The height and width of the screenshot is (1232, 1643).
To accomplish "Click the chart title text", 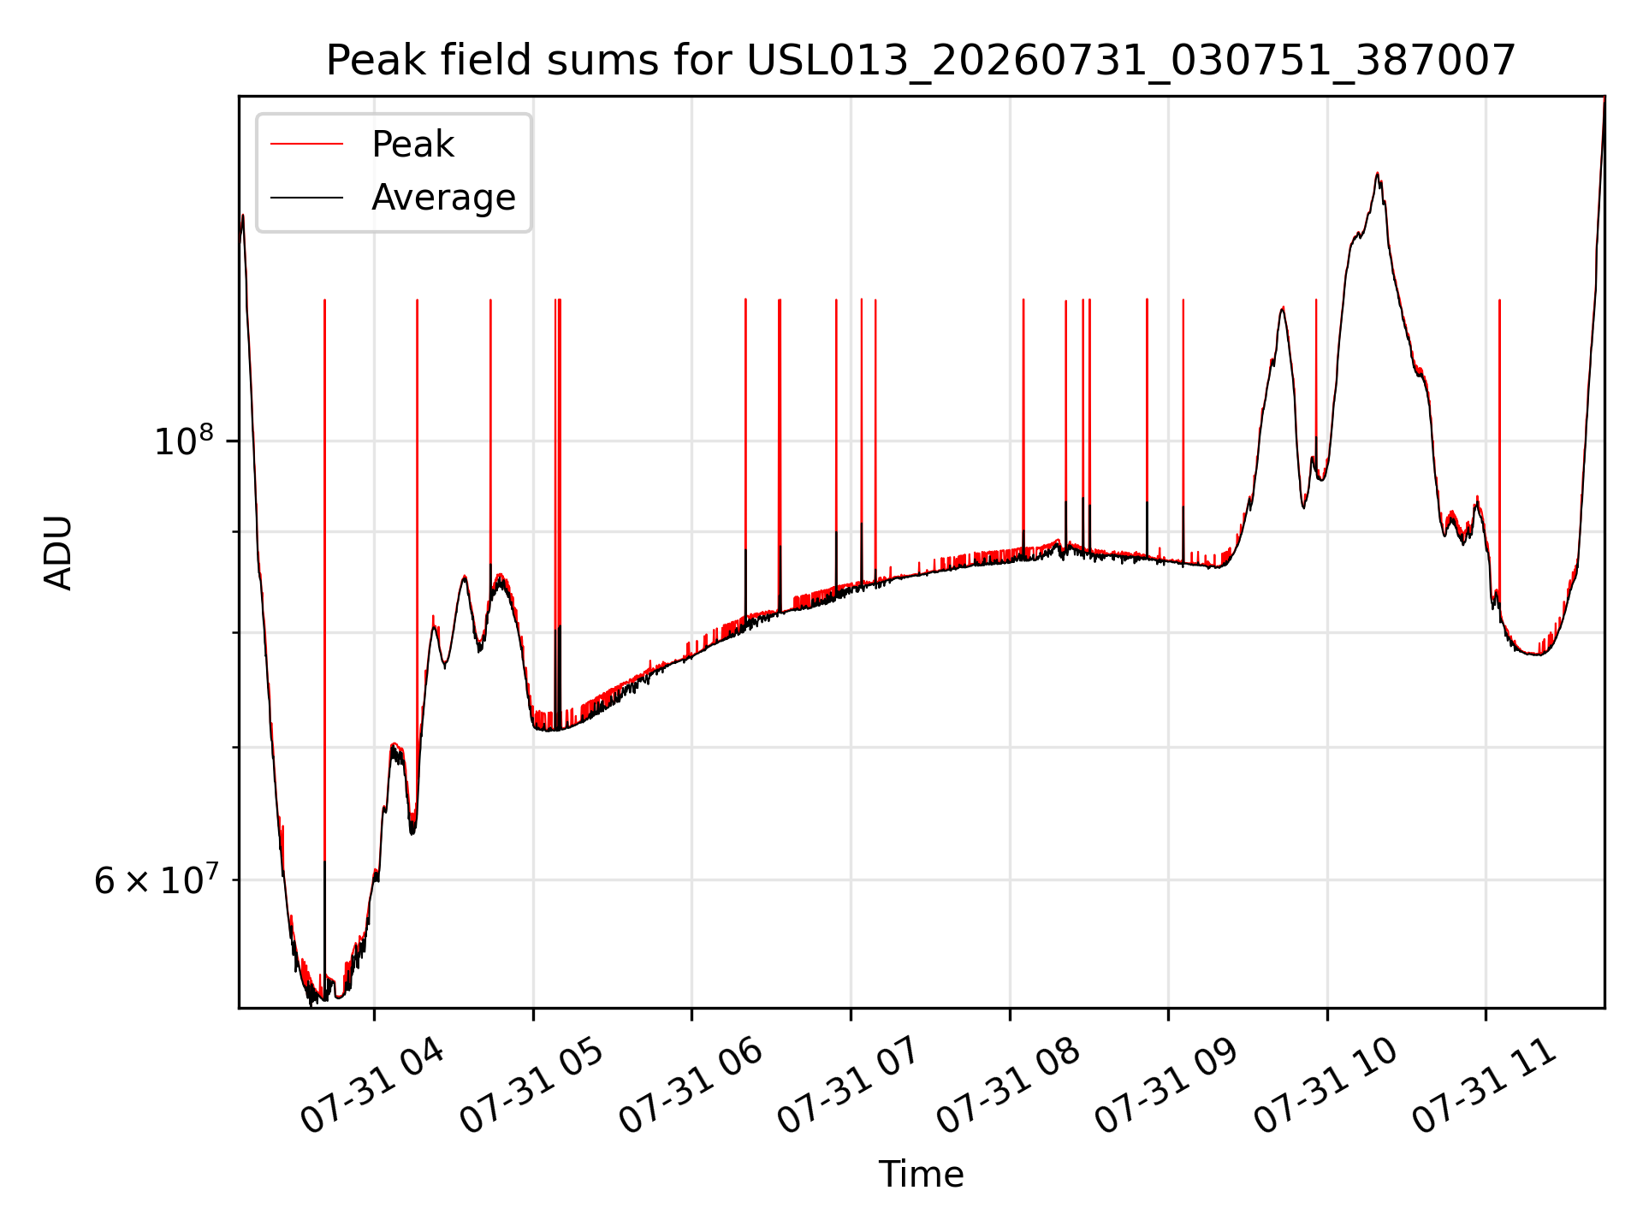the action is (x=921, y=61).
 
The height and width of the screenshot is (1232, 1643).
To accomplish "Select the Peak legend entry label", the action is (x=412, y=145).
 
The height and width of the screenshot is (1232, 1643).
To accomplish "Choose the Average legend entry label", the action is (x=443, y=198).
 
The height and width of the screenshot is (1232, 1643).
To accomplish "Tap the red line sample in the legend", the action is (x=306, y=145).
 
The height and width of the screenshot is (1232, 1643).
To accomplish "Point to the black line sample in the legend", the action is (x=306, y=198).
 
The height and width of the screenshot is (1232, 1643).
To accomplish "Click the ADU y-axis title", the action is (x=58, y=553).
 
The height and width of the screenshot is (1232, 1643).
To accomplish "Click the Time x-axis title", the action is (x=921, y=1175).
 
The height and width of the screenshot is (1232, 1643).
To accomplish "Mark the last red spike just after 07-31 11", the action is (x=1499, y=445).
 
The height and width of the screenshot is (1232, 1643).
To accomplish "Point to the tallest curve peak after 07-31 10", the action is (x=1377, y=174).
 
